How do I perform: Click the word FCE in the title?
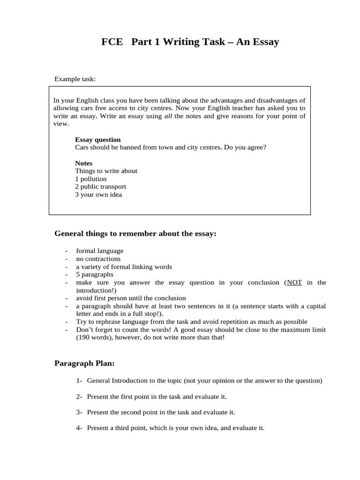pyautogui.click(x=112, y=42)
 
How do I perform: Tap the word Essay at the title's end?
pyautogui.click(x=265, y=42)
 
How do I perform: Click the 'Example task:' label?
pyautogui.click(x=75, y=79)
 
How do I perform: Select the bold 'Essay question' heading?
pyautogui.click(x=97, y=140)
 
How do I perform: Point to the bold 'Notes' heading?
pyautogui.click(x=83, y=163)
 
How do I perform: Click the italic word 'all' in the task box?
pyautogui.click(x=168, y=116)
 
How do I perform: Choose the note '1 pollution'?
pyautogui.click(x=90, y=179)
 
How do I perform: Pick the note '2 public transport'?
pyautogui.click(x=100, y=187)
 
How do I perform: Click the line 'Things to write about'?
pyautogui.click(x=106, y=171)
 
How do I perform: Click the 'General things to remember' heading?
pyautogui.click(x=135, y=233)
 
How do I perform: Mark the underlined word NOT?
pyautogui.click(x=294, y=283)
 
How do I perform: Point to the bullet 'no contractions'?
pyautogui.click(x=98, y=259)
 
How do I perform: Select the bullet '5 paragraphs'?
pyautogui.click(x=94, y=275)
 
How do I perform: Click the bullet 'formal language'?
pyautogui.click(x=99, y=251)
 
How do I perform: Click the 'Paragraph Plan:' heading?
pyautogui.click(x=84, y=363)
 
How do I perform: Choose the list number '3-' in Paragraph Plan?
pyautogui.click(x=79, y=412)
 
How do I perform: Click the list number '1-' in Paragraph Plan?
pyautogui.click(x=79, y=381)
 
